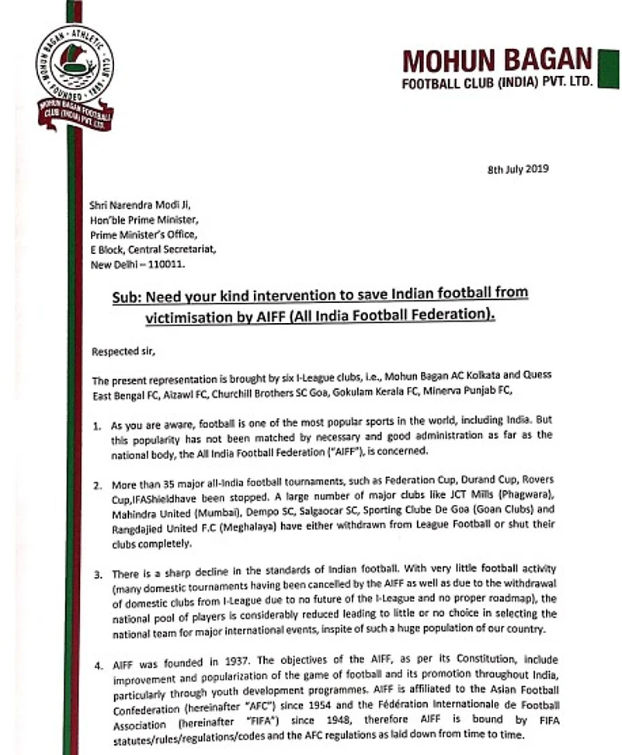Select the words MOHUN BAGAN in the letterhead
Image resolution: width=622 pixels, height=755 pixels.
[497, 60]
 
